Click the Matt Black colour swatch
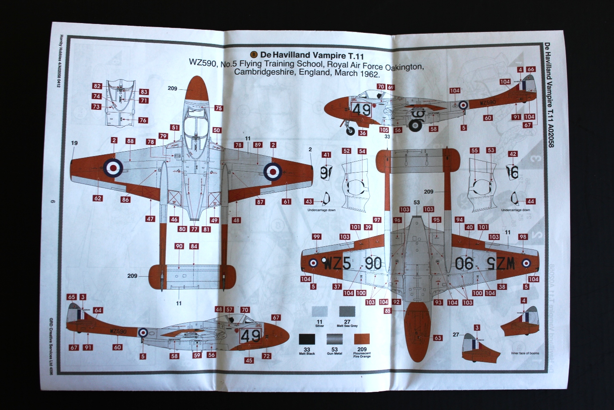(307, 339)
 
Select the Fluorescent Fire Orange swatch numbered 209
(362, 339)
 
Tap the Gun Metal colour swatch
(334, 339)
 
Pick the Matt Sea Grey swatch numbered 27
(347, 311)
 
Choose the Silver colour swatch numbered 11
(319, 311)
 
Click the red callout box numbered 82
(97, 86)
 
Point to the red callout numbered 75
(218, 108)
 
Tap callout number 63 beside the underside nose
(438, 338)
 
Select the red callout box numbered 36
(363, 133)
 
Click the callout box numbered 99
(316, 237)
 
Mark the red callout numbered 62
(98, 198)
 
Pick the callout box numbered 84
(194, 246)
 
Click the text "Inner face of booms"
(525, 354)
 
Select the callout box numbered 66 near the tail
(530, 69)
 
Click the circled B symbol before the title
(254, 54)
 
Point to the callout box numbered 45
(249, 360)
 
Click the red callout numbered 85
(388, 311)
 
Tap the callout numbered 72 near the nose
(266, 356)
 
